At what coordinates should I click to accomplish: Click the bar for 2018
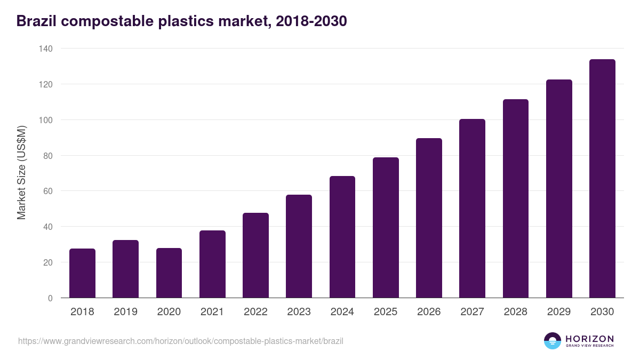(82, 273)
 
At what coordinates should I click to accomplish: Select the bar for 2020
(169, 273)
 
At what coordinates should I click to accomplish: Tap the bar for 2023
(299, 246)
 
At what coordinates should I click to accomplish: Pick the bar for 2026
(429, 218)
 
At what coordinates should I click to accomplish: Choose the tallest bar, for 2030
(602, 179)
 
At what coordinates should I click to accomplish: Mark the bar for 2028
(516, 198)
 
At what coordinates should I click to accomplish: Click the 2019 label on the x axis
(125, 312)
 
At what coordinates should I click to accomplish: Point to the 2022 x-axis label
(255, 312)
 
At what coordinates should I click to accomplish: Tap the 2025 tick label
(386, 312)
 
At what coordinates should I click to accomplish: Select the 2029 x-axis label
(559, 312)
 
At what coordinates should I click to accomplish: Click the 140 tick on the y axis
(45, 49)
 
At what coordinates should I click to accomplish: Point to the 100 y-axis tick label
(45, 120)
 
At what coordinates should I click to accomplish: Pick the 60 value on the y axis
(47, 191)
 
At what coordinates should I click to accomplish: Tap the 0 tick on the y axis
(50, 298)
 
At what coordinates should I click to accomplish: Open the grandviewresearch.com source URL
(180, 341)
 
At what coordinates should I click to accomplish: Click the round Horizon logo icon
(552, 341)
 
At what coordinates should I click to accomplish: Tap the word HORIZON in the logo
(589, 338)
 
